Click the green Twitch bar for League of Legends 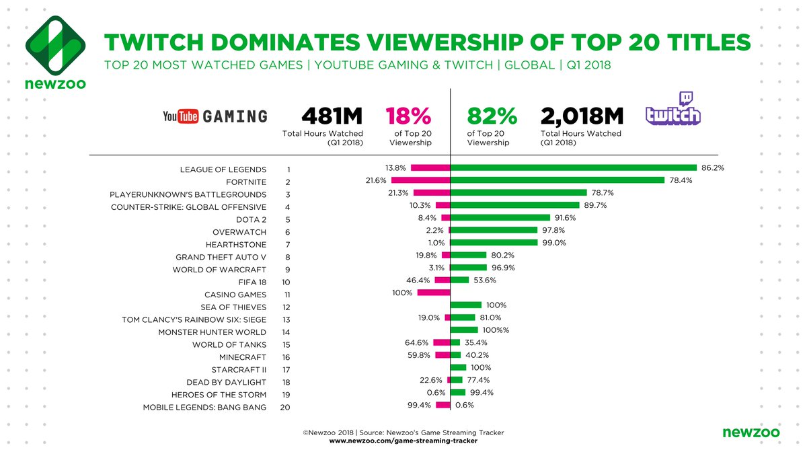tap(573, 167)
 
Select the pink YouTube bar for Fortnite tap(420, 180)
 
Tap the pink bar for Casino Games tap(433, 293)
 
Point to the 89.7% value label tap(596, 205)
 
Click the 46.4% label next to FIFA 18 tap(418, 280)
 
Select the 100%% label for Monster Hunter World tap(496, 331)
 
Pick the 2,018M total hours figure tap(580, 116)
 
